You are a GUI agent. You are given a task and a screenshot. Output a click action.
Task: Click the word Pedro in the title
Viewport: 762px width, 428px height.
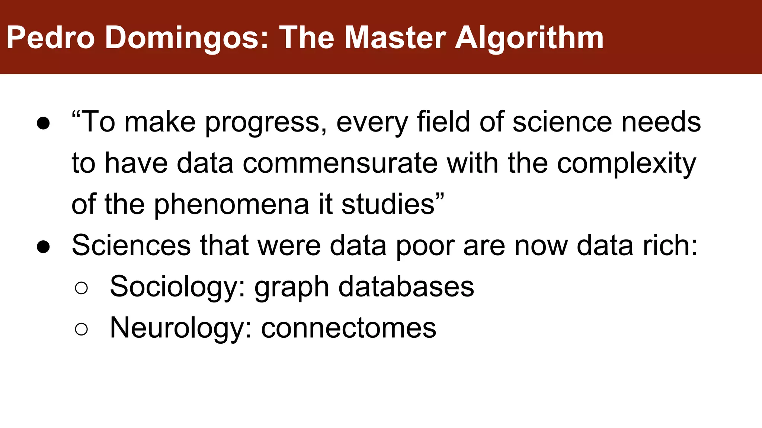(51, 38)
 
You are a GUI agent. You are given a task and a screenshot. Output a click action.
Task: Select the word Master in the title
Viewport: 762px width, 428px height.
(395, 38)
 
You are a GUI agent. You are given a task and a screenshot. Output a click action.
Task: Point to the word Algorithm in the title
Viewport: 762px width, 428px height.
(529, 39)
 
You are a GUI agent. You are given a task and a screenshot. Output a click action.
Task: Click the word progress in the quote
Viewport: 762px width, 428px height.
(266, 123)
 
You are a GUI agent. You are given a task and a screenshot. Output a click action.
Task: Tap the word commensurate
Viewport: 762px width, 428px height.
(340, 163)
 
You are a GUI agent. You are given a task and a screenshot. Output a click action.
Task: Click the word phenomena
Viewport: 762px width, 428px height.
(231, 205)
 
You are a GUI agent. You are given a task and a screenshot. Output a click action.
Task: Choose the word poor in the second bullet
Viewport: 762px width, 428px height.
(425, 246)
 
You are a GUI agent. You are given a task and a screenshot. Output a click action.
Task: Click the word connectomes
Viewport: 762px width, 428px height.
(349, 328)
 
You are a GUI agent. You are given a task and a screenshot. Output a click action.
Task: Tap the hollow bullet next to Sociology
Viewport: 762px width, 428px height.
(81, 288)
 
